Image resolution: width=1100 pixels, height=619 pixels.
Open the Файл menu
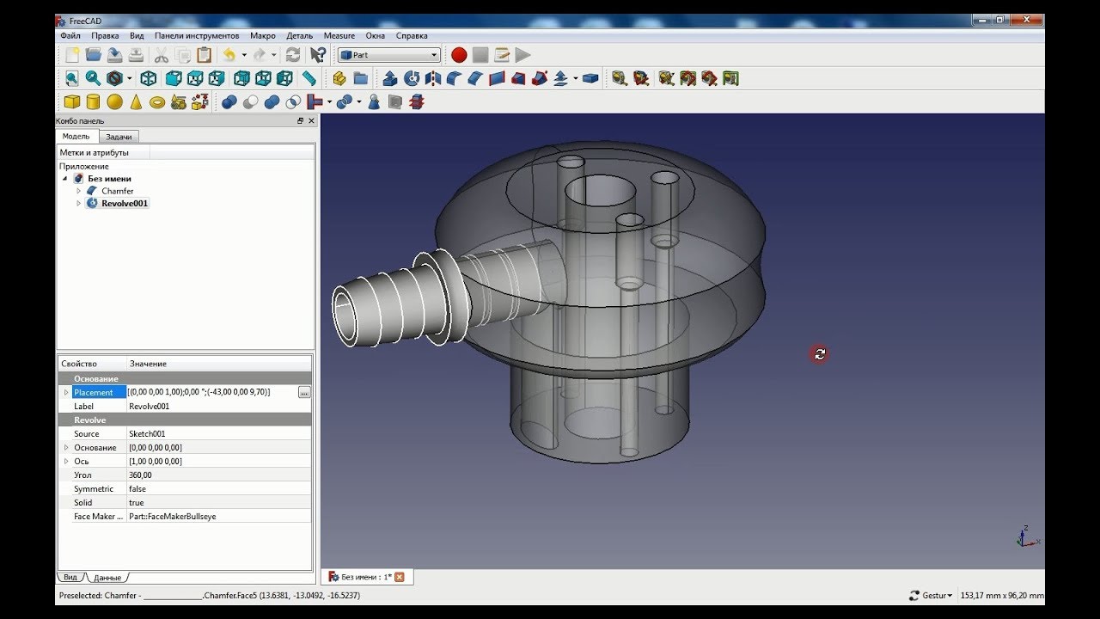click(70, 35)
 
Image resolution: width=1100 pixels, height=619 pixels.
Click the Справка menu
click(412, 35)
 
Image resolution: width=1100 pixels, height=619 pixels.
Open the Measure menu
click(339, 35)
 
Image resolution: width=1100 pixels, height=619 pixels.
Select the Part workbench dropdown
click(388, 55)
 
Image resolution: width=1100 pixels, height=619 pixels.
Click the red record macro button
click(459, 55)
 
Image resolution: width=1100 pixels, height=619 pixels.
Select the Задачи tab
click(119, 137)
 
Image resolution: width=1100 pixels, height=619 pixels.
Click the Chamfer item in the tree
click(117, 191)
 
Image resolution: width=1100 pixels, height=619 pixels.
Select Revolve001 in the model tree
click(125, 204)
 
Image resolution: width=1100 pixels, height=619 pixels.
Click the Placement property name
click(93, 393)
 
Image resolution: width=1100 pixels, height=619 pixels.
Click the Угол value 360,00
click(140, 475)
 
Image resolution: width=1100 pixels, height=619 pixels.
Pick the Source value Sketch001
click(147, 434)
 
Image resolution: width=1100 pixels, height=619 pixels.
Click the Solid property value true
click(137, 503)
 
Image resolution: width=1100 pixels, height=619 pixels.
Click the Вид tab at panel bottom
click(70, 577)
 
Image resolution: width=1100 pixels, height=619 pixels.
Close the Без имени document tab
click(399, 577)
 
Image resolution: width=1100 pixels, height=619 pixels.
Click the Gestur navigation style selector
click(932, 595)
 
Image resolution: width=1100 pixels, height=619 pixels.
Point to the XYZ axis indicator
click(1025, 536)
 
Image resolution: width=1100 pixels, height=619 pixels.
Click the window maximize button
click(1000, 20)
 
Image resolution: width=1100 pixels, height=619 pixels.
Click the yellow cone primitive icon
click(136, 102)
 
